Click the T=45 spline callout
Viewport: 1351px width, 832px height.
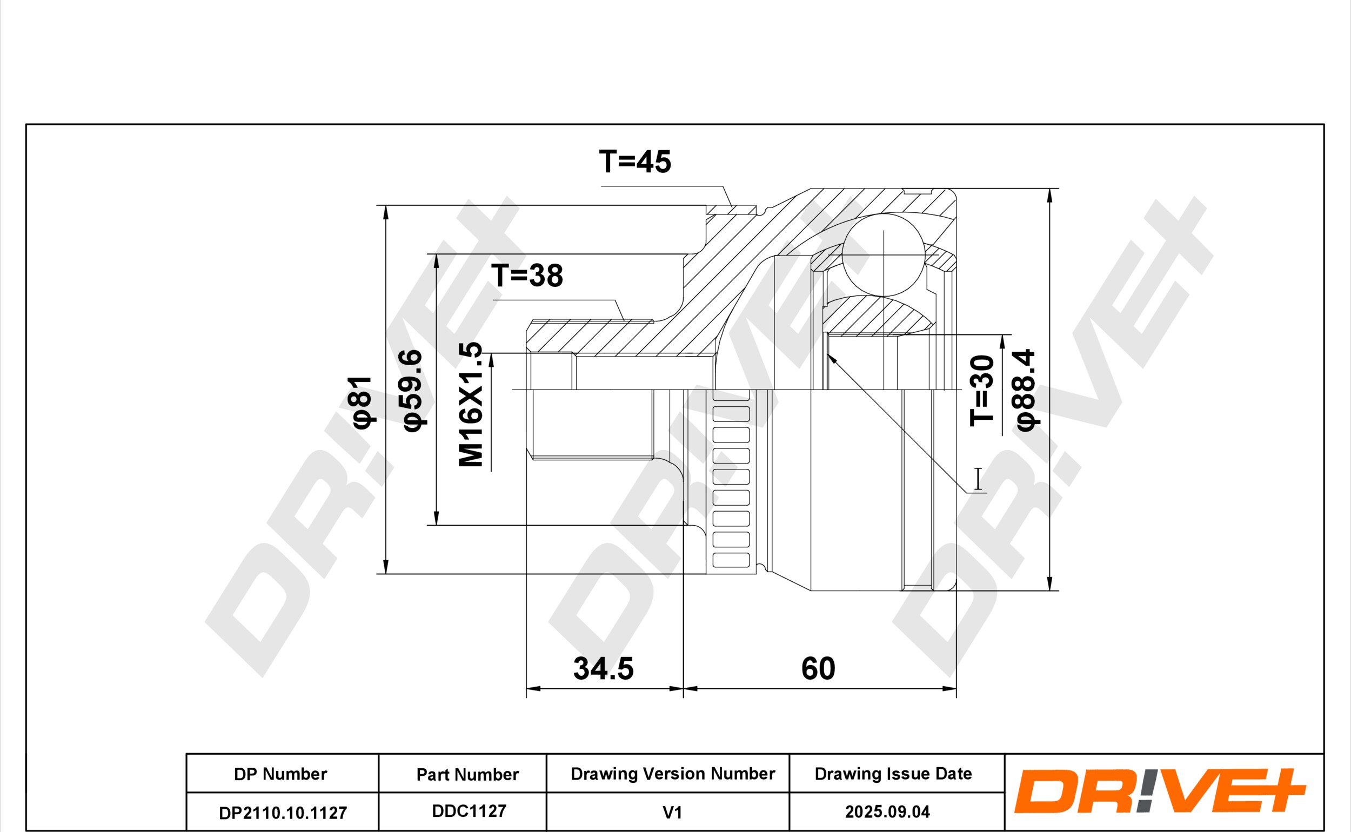point(635,162)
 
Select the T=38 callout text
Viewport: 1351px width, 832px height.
point(527,276)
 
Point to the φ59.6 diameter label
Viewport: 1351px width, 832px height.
point(413,391)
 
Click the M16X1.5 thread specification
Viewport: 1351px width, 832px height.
point(471,405)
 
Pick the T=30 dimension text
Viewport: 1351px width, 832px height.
point(982,391)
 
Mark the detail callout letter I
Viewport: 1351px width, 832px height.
point(978,479)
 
